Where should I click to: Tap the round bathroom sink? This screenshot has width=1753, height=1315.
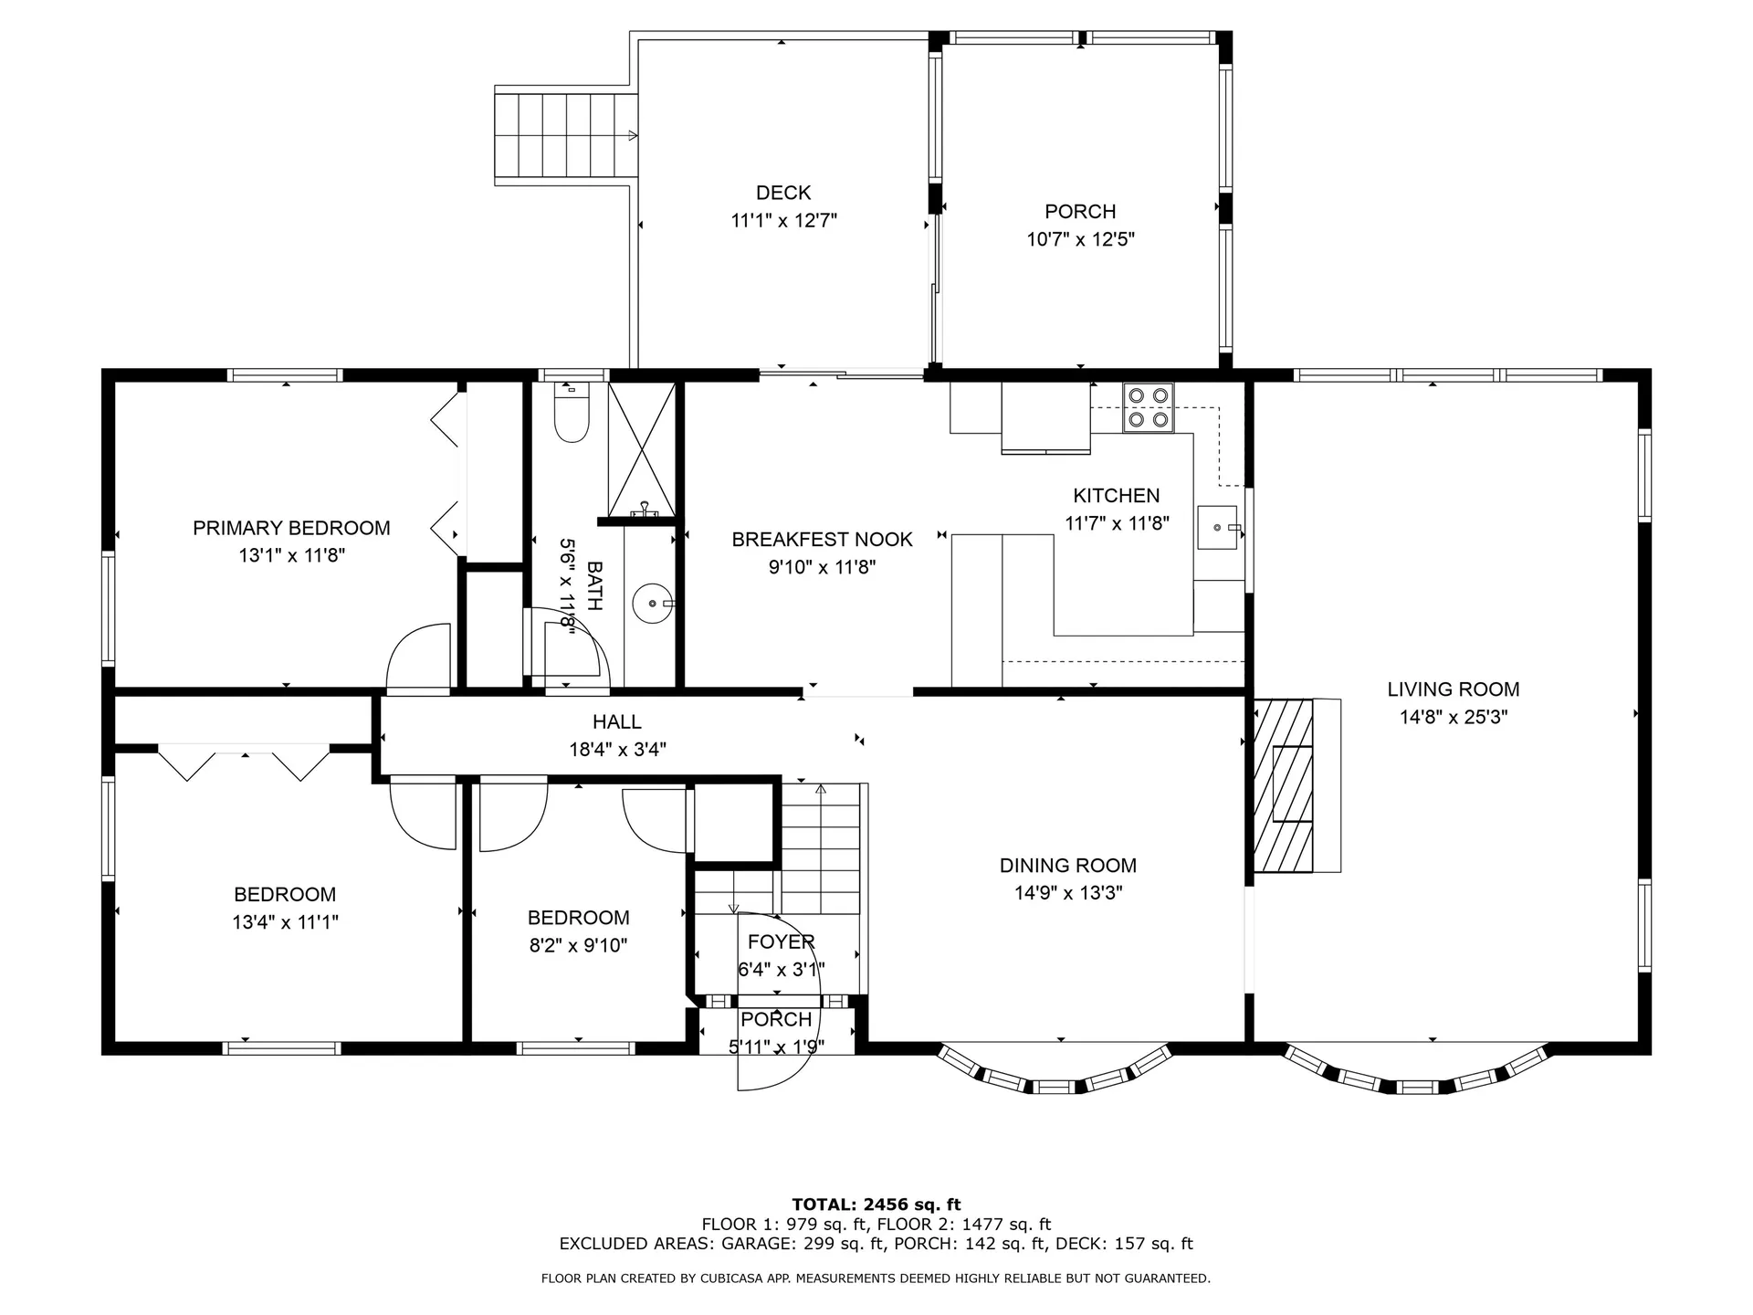(x=653, y=603)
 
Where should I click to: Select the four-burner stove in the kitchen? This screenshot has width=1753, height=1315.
(x=1149, y=407)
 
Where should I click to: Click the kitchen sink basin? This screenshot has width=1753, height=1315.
(x=1217, y=528)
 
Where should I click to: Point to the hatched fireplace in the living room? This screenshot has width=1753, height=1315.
(x=1283, y=785)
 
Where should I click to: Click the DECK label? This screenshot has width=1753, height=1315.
(x=783, y=193)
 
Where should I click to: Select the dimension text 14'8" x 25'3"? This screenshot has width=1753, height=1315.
(x=1454, y=718)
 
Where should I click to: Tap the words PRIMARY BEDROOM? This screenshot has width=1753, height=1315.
(x=291, y=528)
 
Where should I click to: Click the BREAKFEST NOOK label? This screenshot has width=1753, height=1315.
(x=822, y=540)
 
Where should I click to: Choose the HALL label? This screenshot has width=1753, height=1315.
(x=617, y=722)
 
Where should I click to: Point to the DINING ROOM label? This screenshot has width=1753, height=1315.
(x=1068, y=866)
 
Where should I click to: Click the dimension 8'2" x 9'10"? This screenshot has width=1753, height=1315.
(x=578, y=946)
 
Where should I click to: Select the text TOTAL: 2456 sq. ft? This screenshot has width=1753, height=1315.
(x=876, y=1205)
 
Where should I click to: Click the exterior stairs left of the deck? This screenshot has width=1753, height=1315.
(x=566, y=136)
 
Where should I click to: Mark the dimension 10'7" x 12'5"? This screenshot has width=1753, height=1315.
(x=1080, y=240)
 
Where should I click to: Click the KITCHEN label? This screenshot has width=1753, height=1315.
(x=1117, y=496)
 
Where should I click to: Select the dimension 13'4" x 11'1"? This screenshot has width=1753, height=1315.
(x=285, y=923)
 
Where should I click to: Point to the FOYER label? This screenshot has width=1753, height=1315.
(x=781, y=942)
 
